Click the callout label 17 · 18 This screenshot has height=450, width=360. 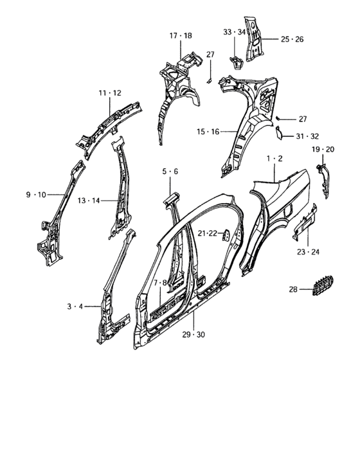(x=181, y=35)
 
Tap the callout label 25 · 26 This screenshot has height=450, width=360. (x=292, y=39)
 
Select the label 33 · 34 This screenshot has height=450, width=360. (x=235, y=32)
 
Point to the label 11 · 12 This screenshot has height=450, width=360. (x=110, y=93)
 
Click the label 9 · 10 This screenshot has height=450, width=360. (x=36, y=195)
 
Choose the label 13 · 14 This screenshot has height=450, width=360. (x=89, y=201)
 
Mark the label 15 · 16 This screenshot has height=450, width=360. (x=208, y=132)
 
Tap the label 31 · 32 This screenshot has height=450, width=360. (x=307, y=136)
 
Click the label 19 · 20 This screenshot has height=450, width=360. (x=323, y=149)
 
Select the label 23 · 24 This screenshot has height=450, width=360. (x=308, y=252)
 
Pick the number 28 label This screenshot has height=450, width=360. (x=293, y=289)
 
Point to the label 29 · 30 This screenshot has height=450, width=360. (x=194, y=334)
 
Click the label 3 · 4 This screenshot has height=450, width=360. (x=75, y=307)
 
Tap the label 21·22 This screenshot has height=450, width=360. (x=207, y=233)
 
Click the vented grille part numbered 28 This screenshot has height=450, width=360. (x=323, y=285)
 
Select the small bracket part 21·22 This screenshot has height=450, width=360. (x=226, y=235)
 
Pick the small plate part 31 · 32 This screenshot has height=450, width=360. (x=278, y=133)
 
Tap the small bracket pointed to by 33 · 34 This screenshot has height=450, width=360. (x=237, y=62)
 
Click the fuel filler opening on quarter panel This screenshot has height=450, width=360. (x=288, y=210)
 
